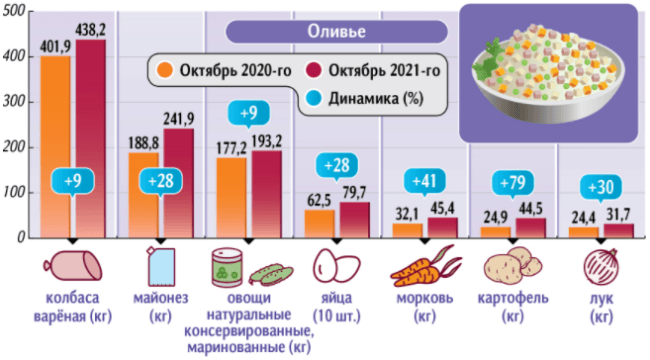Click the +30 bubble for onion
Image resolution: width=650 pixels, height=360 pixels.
(x=600, y=186)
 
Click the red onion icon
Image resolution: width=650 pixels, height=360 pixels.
(x=598, y=267)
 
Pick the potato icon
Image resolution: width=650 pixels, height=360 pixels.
(x=511, y=267)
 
